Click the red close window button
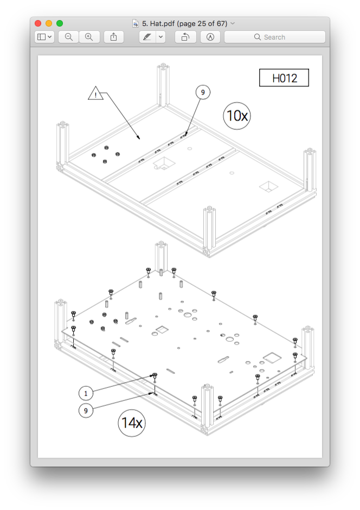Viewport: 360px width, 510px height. (x=38, y=23)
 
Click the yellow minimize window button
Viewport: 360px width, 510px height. (x=49, y=23)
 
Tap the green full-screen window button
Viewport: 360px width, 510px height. (x=60, y=23)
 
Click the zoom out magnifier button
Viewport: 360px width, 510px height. (x=68, y=37)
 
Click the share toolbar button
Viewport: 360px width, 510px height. (x=114, y=37)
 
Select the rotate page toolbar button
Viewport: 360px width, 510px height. (x=185, y=37)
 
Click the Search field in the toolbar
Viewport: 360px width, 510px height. (x=275, y=37)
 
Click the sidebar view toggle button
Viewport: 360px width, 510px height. (x=44, y=37)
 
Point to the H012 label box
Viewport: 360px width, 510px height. (x=284, y=78)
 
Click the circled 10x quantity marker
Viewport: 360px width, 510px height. (x=237, y=116)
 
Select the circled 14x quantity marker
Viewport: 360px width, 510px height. (x=132, y=423)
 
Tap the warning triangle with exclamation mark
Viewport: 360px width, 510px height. (x=95, y=93)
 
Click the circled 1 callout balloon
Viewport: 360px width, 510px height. (x=86, y=393)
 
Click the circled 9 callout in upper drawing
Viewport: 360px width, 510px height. (x=203, y=92)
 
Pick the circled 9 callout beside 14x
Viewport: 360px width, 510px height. (x=86, y=411)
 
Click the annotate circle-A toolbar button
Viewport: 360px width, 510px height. (x=210, y=37)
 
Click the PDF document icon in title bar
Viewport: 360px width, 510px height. (x=136, y=24)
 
